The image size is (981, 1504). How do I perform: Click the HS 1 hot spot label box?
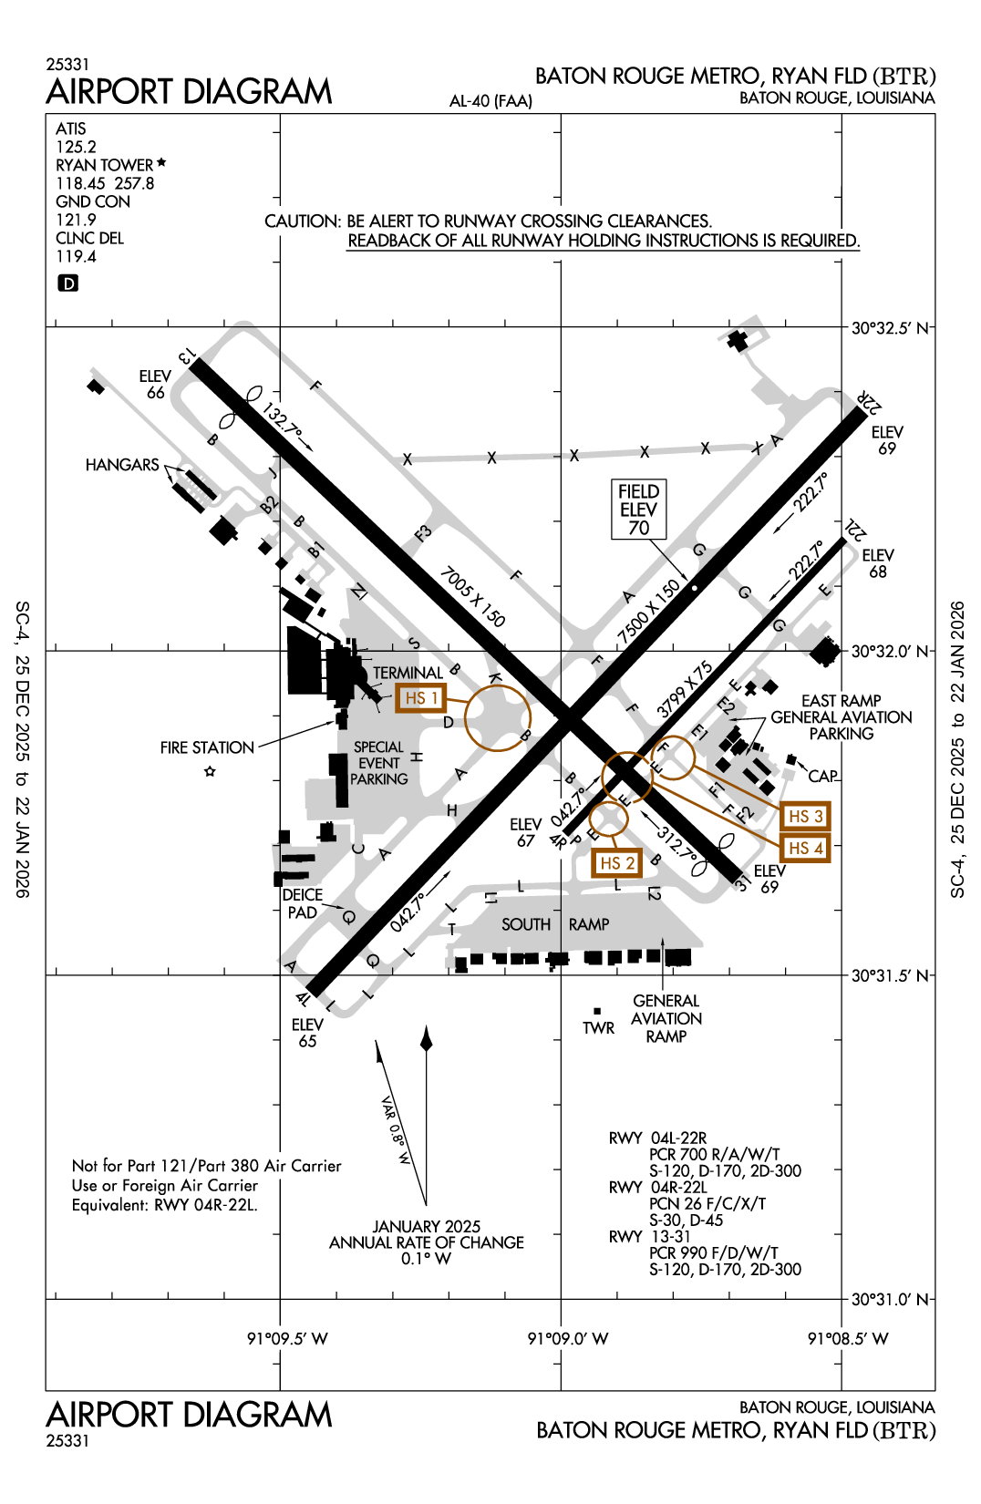421,698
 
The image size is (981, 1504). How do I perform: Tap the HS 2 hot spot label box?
616,862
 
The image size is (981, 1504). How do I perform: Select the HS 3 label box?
805,816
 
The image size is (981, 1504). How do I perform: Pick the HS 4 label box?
805,848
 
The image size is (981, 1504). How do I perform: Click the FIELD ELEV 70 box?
638,510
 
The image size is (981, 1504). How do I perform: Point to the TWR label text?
598,1028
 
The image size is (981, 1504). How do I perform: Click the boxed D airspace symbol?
67,283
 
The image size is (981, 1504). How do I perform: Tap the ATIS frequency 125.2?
76,147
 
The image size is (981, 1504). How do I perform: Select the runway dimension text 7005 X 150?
472,597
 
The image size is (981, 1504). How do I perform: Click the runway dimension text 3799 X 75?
685,689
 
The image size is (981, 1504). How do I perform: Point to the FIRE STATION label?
207,747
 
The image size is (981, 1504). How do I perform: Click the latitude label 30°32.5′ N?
890,328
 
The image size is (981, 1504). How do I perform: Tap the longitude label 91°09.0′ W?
567,1338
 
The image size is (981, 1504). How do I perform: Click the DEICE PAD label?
302,903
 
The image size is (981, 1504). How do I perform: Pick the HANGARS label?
122,465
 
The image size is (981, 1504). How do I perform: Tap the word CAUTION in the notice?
302,221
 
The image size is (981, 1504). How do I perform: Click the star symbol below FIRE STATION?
210,772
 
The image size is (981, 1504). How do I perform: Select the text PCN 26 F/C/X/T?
707,1204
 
